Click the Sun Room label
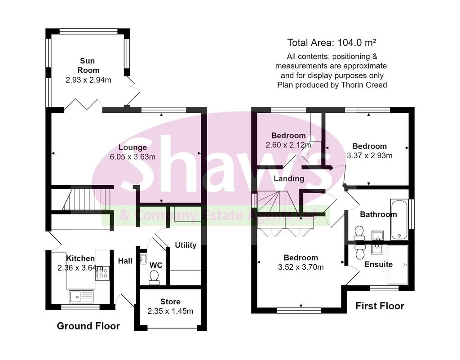point(88,66)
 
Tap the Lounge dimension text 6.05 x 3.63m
point(133,157)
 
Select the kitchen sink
point(81,297)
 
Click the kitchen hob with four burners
point(102,273)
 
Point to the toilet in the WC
point(154,277)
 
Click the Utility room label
point(186,245)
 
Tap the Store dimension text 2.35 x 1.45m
point(170,311)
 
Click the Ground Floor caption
point(88,326)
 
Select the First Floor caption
point(380,306)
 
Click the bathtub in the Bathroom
point(399,219)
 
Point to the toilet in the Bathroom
point(359,233)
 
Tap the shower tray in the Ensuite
point(398,265)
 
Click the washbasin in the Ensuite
point(377,249)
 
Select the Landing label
point(289,179)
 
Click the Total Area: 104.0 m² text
point(332,43)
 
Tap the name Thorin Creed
point(364,85)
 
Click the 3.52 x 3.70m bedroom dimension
point(301,267)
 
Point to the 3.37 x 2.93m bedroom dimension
point(369,156)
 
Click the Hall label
point(125,261)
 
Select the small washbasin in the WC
point(143,259)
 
